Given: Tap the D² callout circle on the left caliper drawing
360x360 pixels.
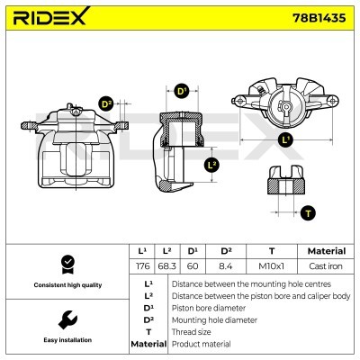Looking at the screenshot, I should (105, 104).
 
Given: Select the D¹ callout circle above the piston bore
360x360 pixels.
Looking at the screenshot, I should (181, 92).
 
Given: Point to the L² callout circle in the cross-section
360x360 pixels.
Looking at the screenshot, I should (212, 165).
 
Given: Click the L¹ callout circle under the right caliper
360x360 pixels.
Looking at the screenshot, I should (284, 141).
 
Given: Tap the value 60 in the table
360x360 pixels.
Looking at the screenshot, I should (193, 266).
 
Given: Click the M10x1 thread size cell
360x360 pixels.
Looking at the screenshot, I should (272, 266).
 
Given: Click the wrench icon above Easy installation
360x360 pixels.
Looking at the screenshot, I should (65, 319).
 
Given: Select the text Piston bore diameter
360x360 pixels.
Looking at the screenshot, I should (208, 307).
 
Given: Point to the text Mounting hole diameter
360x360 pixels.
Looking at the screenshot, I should (213, 319).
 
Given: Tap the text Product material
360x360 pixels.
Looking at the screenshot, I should (201, 344).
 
